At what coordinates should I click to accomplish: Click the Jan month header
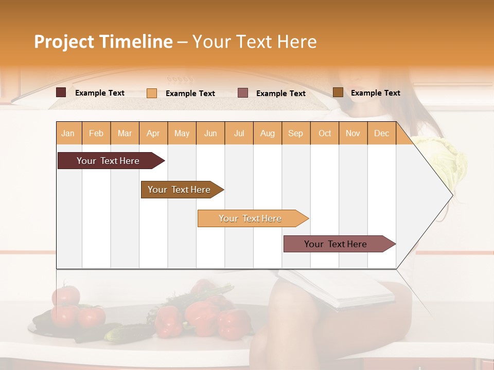point(68,133)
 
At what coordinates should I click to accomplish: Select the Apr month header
point(153,133)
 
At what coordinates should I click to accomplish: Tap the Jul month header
point(239,133)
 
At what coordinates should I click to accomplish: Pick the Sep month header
point(295,133)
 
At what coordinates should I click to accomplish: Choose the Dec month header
point(381,133)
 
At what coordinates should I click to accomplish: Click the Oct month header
point(325,133)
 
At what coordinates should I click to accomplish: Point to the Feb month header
point(96,133)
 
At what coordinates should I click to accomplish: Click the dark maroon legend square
point(61,92)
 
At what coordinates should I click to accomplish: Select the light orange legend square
point(152,93)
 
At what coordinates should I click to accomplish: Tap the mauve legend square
point(243,93)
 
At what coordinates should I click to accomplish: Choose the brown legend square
point(338,92)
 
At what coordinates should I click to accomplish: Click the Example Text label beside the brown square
point(375,92)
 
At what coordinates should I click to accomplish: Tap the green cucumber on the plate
point(121,333)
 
